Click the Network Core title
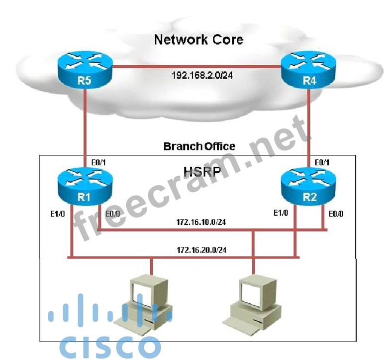tap(198, 39)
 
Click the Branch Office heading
tap(199, 146)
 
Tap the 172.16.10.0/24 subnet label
tap(201, 223)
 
